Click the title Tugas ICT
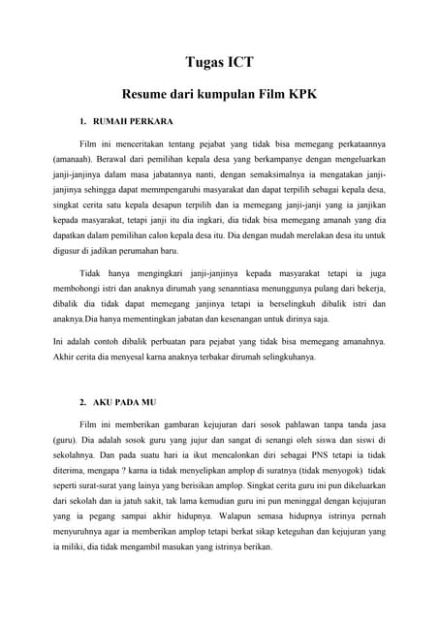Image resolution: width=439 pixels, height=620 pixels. click(219, 63)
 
